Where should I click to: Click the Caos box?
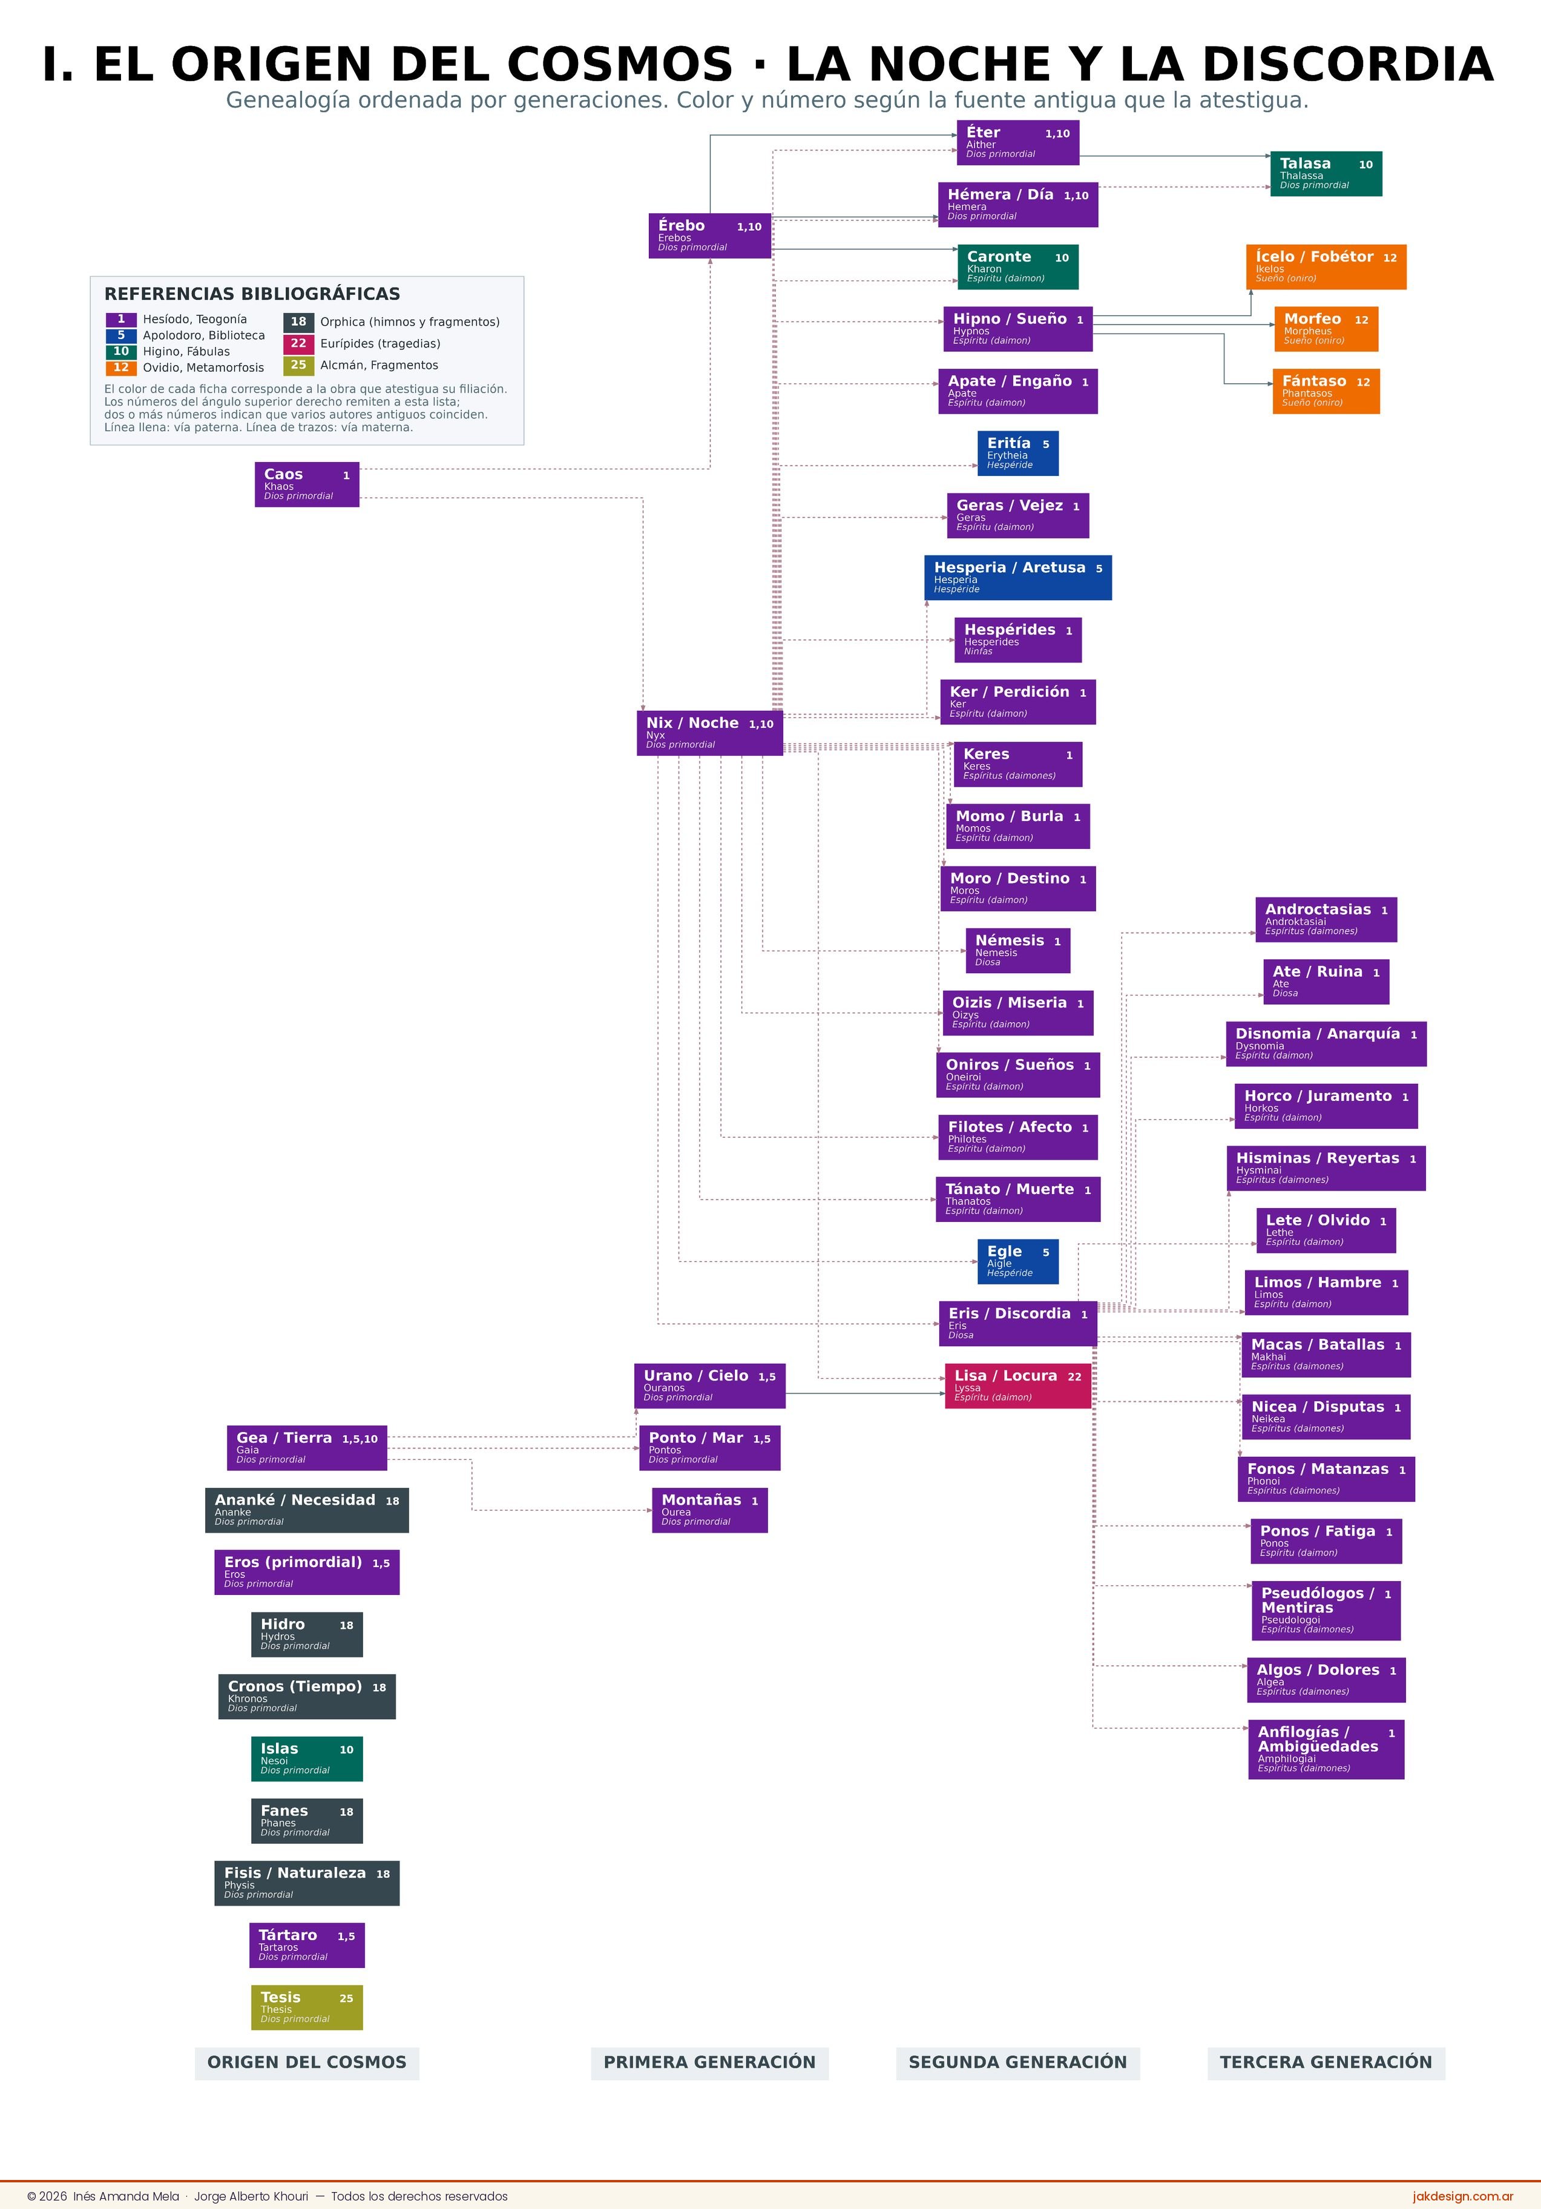[x=307, y=484]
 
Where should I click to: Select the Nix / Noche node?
[x=710, y=733]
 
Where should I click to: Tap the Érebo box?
[x=710, y=236]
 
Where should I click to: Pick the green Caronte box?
[x=1017, y=266]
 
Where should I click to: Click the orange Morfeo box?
[x=1326, y=329]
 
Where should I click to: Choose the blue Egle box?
[x=1017, y=1261]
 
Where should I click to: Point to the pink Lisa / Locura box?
[x=1017, y=1385]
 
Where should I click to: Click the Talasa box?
[x=1326, y=174]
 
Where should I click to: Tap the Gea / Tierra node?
[x=307, y=1448]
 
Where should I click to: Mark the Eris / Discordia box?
[x=1017, y=1324]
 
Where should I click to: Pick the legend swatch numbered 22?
[x=298, y=343]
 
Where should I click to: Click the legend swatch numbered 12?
[x=121, y=368]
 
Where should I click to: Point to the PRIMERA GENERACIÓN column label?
[x=710, y=2062]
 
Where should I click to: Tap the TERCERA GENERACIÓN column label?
[x=1326, y=2062]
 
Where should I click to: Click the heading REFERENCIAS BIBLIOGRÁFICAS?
[x=252, y=294]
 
